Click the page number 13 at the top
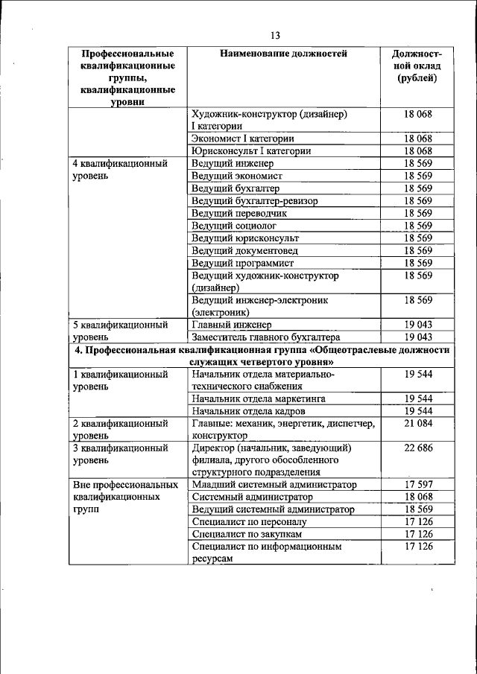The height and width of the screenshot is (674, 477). tap(275, 36)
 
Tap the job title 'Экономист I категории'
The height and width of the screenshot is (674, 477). tap(242, 139)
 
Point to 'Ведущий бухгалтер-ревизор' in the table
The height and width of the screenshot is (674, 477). tap(254, 201)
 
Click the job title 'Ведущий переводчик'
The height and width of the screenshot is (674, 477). tap(238, 213)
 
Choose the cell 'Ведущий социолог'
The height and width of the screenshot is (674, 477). tap(234, 226)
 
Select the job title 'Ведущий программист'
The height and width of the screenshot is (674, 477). tap(242, 263)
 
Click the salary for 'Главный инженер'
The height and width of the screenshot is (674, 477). tap(418, 325)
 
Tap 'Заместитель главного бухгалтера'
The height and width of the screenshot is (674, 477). tap(265, 337)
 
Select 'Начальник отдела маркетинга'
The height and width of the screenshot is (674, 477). tap(259, 398)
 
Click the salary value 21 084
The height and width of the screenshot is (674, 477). tap(418, 423)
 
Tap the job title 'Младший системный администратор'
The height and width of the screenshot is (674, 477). tap(274, 485)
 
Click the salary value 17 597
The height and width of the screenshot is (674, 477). tap(418, 485)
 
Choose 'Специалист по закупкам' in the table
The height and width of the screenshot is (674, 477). tap(247, 534)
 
